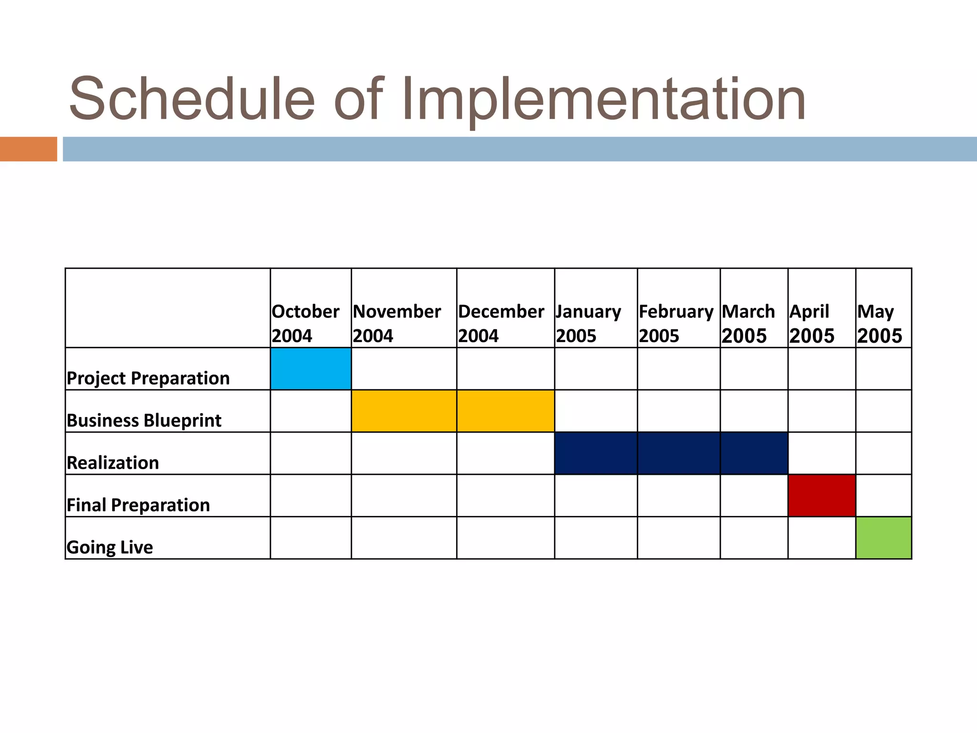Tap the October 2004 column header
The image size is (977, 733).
pos(305,324)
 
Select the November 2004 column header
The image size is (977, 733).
pos(397,324)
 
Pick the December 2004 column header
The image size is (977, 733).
pos(501,324)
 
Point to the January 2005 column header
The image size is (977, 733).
pos(589,324)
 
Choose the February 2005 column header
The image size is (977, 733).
pos(676,324)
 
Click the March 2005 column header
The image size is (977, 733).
pos(748,324)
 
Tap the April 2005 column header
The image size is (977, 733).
pos(812,324)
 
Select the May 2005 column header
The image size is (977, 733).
pos(880,324)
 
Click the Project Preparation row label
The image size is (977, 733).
pos(148,378)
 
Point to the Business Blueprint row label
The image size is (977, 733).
pos(144,420)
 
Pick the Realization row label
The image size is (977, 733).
pos(113,463)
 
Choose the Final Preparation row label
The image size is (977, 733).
pos(138,505)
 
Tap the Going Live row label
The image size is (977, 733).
pos(110,547)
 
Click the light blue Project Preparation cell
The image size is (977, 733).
pos(311,369)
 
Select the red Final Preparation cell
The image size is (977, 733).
pos(821,495)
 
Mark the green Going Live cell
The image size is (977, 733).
pos(883,538)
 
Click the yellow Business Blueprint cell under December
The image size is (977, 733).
pos(505,411)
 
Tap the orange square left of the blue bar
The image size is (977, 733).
pos(28,149)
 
